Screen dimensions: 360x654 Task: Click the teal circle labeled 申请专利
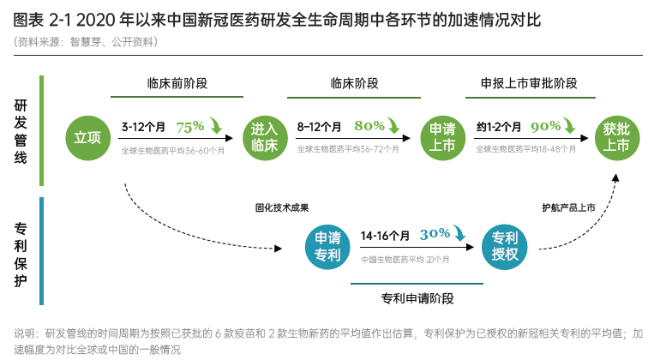pos(328,247)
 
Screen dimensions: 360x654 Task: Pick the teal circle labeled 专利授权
pos(505,247)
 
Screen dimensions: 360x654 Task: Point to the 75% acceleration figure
pos(190,126)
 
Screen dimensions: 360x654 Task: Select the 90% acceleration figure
pos(545,126)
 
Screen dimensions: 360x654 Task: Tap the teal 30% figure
pos(435,233)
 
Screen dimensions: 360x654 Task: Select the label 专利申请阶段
pos(417,298)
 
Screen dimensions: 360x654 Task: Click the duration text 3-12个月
pos(143,127)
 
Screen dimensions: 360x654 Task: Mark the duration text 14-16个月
pos(385,235)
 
